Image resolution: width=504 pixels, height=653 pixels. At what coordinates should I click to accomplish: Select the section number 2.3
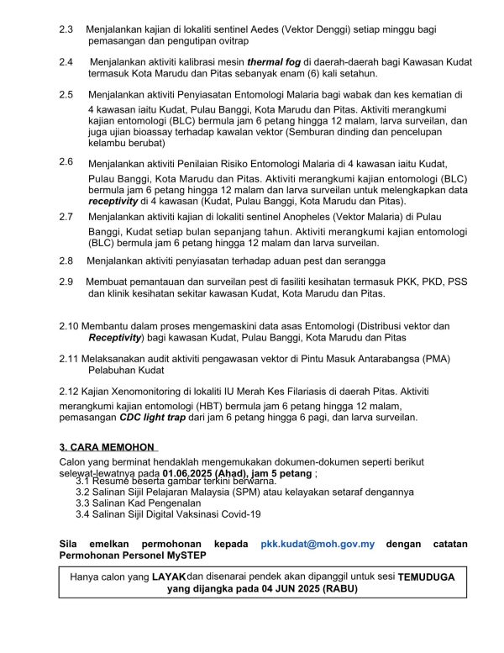[66, 29]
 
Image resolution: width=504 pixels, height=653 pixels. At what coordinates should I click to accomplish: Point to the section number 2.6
[66, 160]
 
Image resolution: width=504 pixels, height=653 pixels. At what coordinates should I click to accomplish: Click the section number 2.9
[66, 281]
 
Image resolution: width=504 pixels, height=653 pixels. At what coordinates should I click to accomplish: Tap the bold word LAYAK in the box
[169, 577]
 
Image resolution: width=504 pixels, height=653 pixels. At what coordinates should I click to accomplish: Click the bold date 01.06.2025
[192, 474]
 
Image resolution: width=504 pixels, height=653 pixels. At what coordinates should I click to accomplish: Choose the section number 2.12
[69, 392]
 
